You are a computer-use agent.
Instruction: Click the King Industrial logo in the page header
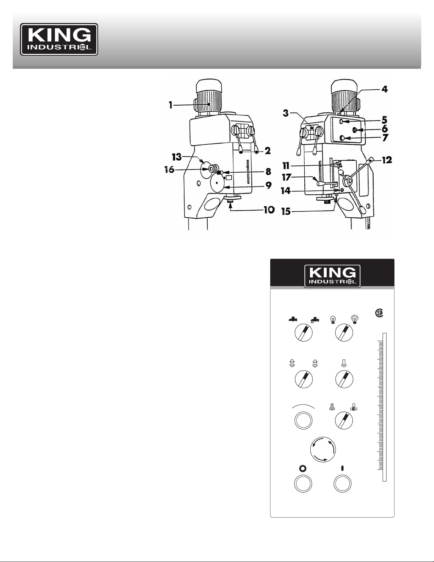[x=59, y=39]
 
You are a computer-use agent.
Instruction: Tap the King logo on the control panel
[x=332, y=276]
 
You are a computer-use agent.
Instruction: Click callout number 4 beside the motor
[x=385, y=90]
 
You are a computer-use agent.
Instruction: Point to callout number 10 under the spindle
[x=269, y=210]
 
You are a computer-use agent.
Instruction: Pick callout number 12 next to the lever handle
[x=387, y=160]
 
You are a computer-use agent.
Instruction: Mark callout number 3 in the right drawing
[x=286, y=113]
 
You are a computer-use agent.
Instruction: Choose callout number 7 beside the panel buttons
[x=385, y=138]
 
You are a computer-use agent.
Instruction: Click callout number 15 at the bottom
[x=286, y=212]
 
